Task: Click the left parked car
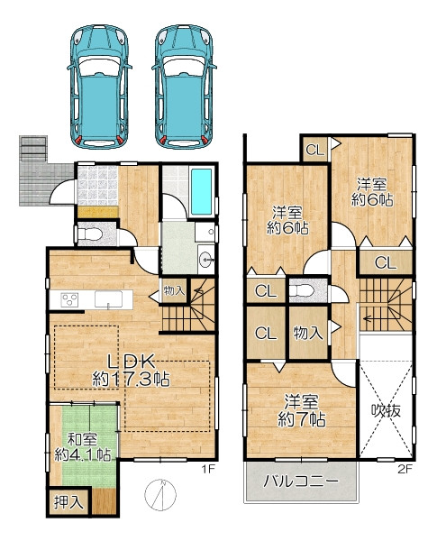(99, 87)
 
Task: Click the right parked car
(184, 87)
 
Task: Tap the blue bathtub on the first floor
(202, 192)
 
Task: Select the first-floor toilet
(90, 235)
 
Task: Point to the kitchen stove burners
(69, 299)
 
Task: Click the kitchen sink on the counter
(109, 299)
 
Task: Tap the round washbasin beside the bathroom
(206, 259)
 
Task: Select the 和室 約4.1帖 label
(83, 448)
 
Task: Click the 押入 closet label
(69, 501)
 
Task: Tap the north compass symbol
(160, 494)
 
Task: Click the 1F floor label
(208, 469)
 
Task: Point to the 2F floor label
(405, 469)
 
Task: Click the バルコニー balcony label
(300, 481)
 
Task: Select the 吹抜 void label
(386, 410)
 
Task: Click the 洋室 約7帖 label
(302, 410)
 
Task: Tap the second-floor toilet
(302, 291)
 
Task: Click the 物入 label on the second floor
(308, 334)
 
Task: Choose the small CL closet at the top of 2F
(315, 150)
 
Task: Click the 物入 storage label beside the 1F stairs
(174, 291)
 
